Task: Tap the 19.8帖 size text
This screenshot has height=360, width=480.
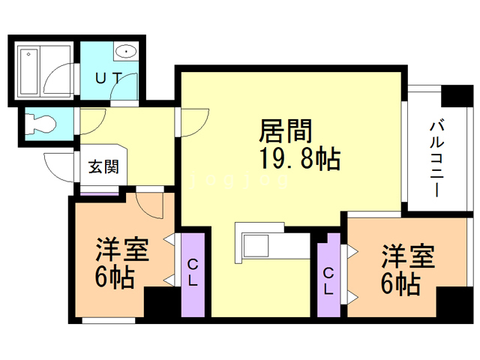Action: click(299, 160)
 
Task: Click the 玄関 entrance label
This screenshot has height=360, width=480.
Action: click(103, 166)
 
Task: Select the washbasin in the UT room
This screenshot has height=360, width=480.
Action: click(126, 52)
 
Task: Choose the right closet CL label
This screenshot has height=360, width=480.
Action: click(329, 280)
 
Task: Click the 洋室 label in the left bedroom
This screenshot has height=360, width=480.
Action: click(121, 250)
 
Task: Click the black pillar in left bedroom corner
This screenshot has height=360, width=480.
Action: click(160, 304)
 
